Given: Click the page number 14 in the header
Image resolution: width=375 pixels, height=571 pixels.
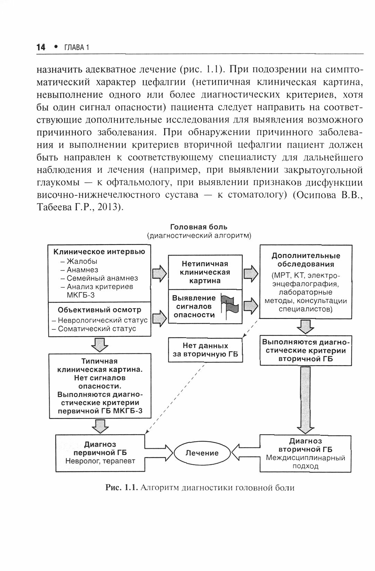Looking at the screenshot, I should click(x=41, y=47).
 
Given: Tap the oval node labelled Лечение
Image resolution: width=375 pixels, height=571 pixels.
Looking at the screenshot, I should click(x=202, y=453).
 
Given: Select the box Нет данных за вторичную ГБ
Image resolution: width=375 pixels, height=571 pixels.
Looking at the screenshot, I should click(x=205, y=350).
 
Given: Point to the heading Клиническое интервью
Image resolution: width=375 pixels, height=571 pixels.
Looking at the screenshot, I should click(x=100, y=252).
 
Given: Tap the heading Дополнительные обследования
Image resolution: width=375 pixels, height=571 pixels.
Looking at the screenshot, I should click(x=306, y=260).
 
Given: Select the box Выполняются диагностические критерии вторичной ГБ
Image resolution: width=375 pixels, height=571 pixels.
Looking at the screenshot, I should click(x=306, y=350).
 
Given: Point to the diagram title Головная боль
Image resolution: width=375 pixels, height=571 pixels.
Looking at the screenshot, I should click(x=199, y=227).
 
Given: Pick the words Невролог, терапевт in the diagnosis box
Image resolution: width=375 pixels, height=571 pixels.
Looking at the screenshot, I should click(x=100, y=461).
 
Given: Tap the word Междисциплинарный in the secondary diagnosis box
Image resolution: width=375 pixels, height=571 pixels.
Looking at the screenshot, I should click(x=306, y=457).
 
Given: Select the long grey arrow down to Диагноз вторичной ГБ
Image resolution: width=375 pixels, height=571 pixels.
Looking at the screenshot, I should click(x=306, y=399).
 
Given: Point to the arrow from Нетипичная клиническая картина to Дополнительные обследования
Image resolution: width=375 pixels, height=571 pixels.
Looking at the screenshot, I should click(x=251, y=273).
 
